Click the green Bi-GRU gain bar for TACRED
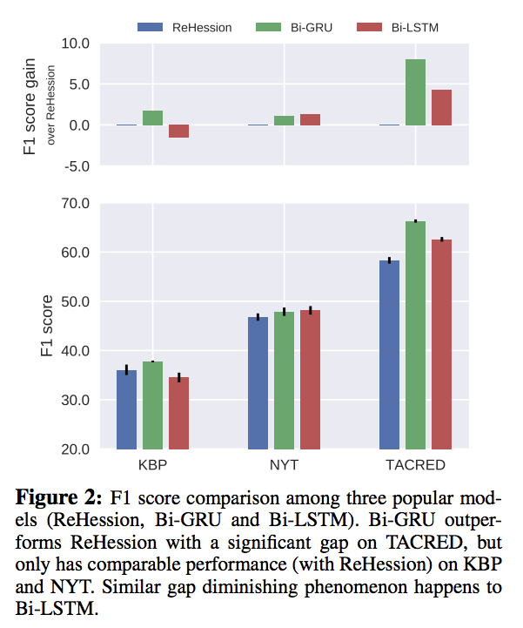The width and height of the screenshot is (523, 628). point(415,92)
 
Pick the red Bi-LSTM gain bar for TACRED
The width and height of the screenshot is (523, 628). point(441,107)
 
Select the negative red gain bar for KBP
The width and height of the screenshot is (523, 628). point(178,132)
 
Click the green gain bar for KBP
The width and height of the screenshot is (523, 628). point(152,118)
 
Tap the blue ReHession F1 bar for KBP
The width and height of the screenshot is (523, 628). point(127,409)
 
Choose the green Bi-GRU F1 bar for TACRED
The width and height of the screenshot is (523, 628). point(415,335)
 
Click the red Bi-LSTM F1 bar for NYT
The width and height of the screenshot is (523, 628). point(310,379)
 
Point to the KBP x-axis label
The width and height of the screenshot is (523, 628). point(153,465)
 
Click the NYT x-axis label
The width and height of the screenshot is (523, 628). point(284,465)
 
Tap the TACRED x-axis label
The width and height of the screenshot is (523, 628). point(415,465)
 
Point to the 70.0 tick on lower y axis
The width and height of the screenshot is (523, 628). point(76,204)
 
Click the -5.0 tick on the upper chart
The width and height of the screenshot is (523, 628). point(77,166)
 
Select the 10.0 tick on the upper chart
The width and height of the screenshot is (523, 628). point(76,44)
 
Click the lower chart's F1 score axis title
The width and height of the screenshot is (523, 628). point(47,327)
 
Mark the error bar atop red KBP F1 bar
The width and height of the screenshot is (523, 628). point(178,377)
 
